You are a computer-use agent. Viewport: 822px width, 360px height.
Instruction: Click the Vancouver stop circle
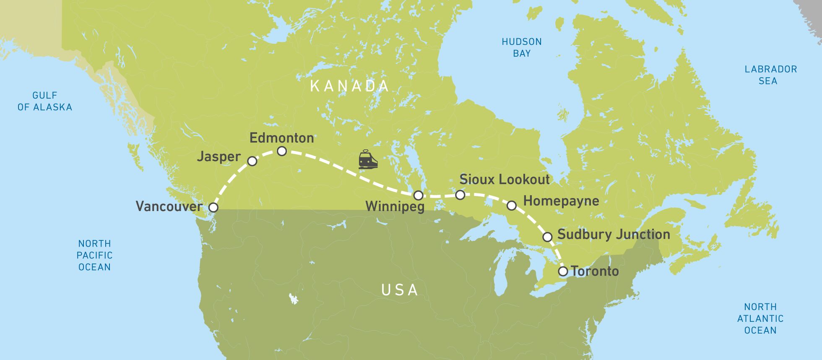click(x=213, y=207)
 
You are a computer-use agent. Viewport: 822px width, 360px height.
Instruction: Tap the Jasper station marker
click(x=252, y=161)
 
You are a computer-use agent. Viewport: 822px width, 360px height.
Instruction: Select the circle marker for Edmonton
click(x=282, y=151)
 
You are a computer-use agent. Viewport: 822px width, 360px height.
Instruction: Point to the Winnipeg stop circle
click(x=418, y=196)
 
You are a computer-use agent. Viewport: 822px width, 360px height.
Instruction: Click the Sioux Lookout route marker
click(x=460, y=195)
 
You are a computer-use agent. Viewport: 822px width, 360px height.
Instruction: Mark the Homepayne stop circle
click(x=511, y=206)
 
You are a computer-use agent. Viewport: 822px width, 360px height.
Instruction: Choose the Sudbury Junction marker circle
click(x=547, y=237)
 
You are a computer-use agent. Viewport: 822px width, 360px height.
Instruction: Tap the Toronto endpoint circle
click(x=563, y=271)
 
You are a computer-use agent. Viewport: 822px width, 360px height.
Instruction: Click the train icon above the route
click(x=368, y=160)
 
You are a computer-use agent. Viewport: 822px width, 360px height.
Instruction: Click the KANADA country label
click(x=349, y=86)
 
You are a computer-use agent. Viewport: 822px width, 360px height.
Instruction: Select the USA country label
click(x=399, y=290)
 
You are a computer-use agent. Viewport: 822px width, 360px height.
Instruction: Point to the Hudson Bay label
click(x=522, y=47)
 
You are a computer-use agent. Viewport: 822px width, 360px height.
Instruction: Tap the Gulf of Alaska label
click(x=45, y=101)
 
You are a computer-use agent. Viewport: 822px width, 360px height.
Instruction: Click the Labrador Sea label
click(x=770, y=75)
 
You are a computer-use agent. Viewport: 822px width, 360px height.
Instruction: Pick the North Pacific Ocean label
click(x=94, y=255)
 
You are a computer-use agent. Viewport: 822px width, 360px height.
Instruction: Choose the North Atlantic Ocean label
click(x=760, y=318)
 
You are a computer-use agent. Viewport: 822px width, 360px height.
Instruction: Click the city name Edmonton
click(x=281, y=138)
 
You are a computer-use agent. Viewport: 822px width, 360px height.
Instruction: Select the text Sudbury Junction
click(x=613, y=234)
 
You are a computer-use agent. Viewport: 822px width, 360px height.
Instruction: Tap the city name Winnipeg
click(x=395, y=207)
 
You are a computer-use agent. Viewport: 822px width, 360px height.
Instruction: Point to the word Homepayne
click(x=561, y=201)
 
